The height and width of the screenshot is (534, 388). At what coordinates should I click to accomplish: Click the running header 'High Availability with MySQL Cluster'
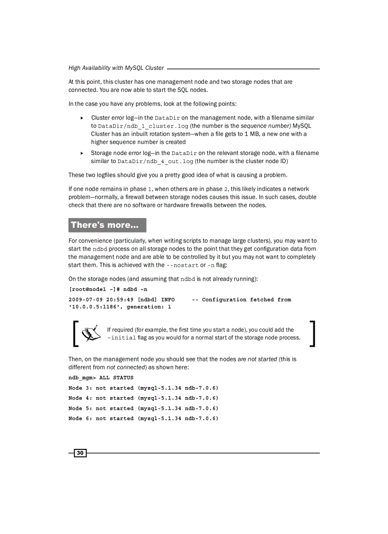pyautogui.click(x=116, y=68)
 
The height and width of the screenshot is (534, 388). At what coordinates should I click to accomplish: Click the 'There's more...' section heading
pyautogui.click(x=107, y=225)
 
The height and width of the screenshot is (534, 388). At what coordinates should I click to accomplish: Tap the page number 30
pyautogui.click(x=80, y=453)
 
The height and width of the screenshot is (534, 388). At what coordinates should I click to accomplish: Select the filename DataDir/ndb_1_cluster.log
pyautogui.click(x=143, y=126)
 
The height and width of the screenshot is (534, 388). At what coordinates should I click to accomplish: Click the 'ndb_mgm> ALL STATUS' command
pyautogui.click(x=101, y=378)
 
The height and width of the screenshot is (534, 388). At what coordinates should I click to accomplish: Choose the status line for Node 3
pyautogui.click(x=143, y=388)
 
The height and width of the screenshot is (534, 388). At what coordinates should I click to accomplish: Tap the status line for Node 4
pyautogui.click(x=143, y=398)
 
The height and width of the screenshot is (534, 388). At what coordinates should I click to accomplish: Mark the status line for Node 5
pyautogui.click(x=143, y=408)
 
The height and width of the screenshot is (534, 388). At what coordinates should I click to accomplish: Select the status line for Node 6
pyautogui.click(x=143, y=418)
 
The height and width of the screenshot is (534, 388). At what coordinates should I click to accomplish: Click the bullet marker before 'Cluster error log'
pyautogui.click(x=82, y=117)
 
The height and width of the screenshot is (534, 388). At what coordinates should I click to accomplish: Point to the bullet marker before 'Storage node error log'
pyautogui.click(x=82, y=153)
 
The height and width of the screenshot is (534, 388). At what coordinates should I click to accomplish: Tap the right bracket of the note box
pyautogui.click(x=312, y=333)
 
